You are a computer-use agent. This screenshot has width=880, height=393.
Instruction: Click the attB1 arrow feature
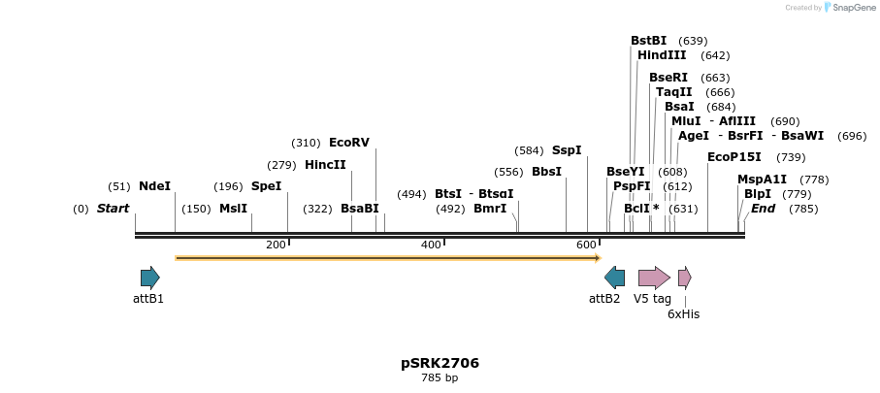click(149, 278)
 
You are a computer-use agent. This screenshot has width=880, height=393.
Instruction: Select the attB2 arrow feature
click(614, 278)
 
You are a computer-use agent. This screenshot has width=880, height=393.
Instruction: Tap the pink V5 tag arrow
click(654, 278)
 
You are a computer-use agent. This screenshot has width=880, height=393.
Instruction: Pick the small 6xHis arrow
click(684, 278)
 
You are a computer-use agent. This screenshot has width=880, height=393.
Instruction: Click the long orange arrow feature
click(388, 258)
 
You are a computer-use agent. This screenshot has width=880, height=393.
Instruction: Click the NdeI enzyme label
click(154, 186)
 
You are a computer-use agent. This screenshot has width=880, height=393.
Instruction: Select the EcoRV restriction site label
click(349, 143)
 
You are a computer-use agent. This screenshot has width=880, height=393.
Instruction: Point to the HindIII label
click(662, 55)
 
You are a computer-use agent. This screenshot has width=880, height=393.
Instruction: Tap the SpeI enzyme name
click(266, 186)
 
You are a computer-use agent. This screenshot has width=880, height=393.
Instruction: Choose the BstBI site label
click(649, 41)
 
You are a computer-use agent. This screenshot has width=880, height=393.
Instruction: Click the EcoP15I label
click(734, 157)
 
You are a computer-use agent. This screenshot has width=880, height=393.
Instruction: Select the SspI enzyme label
click(567, 150)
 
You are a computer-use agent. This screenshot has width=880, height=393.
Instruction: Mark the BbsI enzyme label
click(547, 172)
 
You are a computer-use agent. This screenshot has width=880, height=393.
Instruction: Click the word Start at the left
click(113, 209)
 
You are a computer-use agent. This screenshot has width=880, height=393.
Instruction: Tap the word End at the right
click(764, 209)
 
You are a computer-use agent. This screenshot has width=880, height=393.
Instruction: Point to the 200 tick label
click(276, 245)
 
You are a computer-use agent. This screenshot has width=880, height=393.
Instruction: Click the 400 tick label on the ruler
click(431, 245)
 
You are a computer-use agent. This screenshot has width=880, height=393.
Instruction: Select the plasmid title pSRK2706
click(440, 364)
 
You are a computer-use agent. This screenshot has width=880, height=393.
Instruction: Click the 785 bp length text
click(440, 378)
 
